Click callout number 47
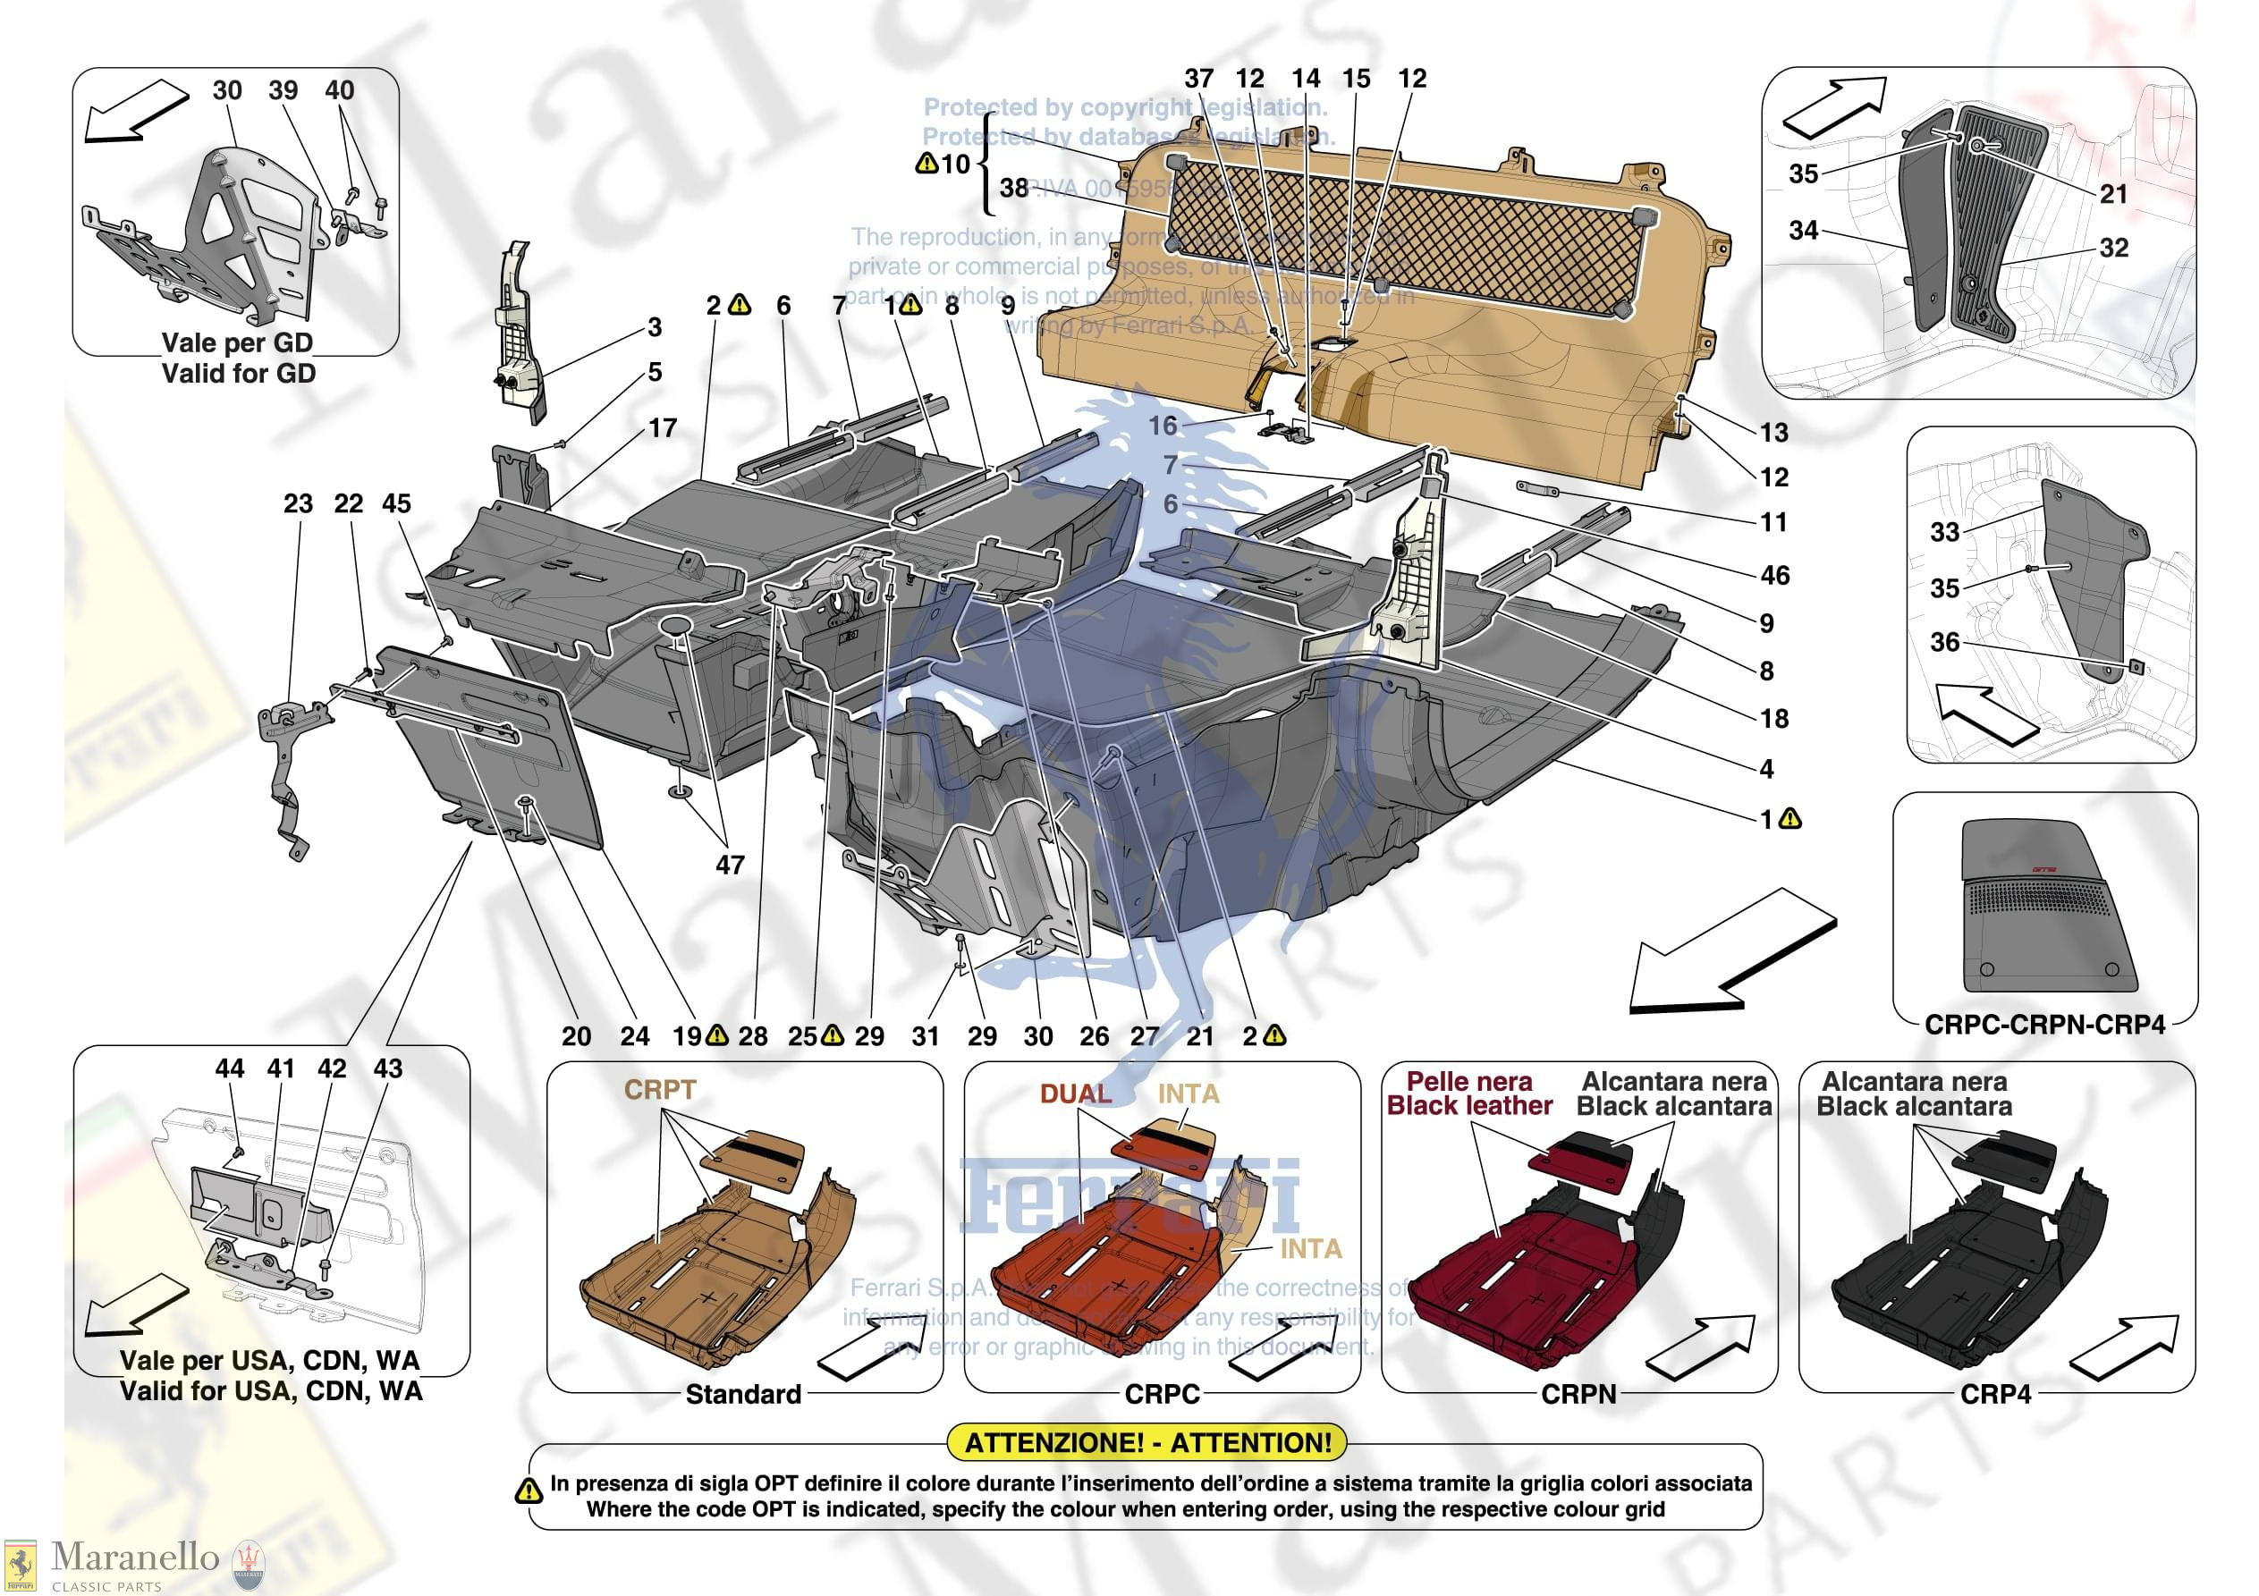[729, 865]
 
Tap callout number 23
[298, 503]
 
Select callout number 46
[1774, 575]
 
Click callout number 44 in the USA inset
[229, 1068]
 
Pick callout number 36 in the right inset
[1944, 643]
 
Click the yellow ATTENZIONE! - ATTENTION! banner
[1147, 1442]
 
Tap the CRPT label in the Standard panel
[659, 1090]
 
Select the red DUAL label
[1075, 1094]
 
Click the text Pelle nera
[1469, 1081]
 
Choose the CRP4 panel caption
[1995, 1394]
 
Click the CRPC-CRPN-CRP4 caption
[2044, 1026]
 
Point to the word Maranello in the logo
[135, 1557]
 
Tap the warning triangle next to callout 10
[926, 164]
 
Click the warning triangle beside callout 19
[717, 1035]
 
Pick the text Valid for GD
[238, 374]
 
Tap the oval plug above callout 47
[677, 627]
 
